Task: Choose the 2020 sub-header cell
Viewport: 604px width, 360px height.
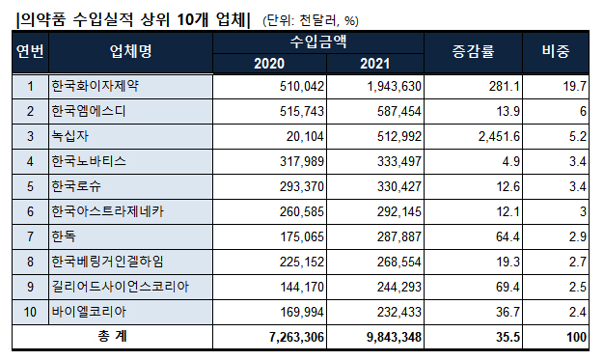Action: tap(269, 64)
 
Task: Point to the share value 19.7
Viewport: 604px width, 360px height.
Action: tap(577, 86)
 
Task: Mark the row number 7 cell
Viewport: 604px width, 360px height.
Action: tap(29, 236)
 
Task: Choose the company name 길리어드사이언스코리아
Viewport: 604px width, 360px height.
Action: tap(121, 287)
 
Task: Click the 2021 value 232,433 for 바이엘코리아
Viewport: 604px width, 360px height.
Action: tap(396, 312)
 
